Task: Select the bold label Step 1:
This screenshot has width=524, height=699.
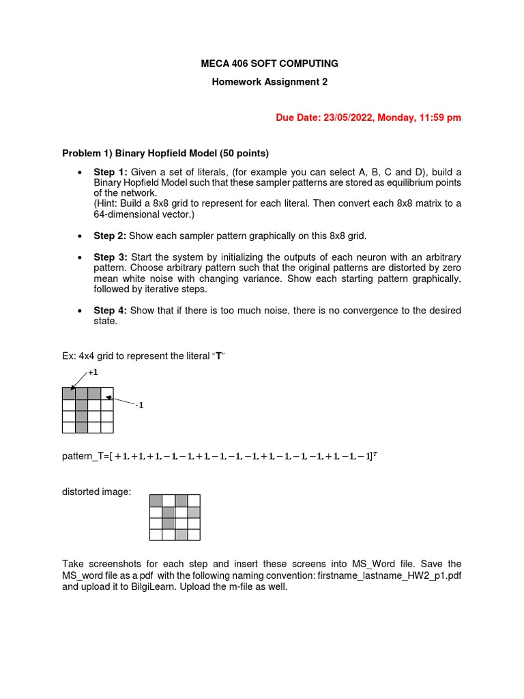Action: click(111, 171)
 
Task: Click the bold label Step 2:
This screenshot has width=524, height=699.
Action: click(111, 236)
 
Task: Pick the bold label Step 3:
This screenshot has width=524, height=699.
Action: click(111, 257)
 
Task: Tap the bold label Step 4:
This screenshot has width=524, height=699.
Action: click(111, 311)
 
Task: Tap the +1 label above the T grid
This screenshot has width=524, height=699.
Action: click(93, 373)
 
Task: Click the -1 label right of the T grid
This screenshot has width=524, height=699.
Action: click(139, 405)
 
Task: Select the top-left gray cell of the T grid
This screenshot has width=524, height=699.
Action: click(68, 393)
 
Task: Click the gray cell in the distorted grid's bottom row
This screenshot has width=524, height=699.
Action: click(181, 534)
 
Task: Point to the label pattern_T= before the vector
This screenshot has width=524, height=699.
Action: click(87, 455)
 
